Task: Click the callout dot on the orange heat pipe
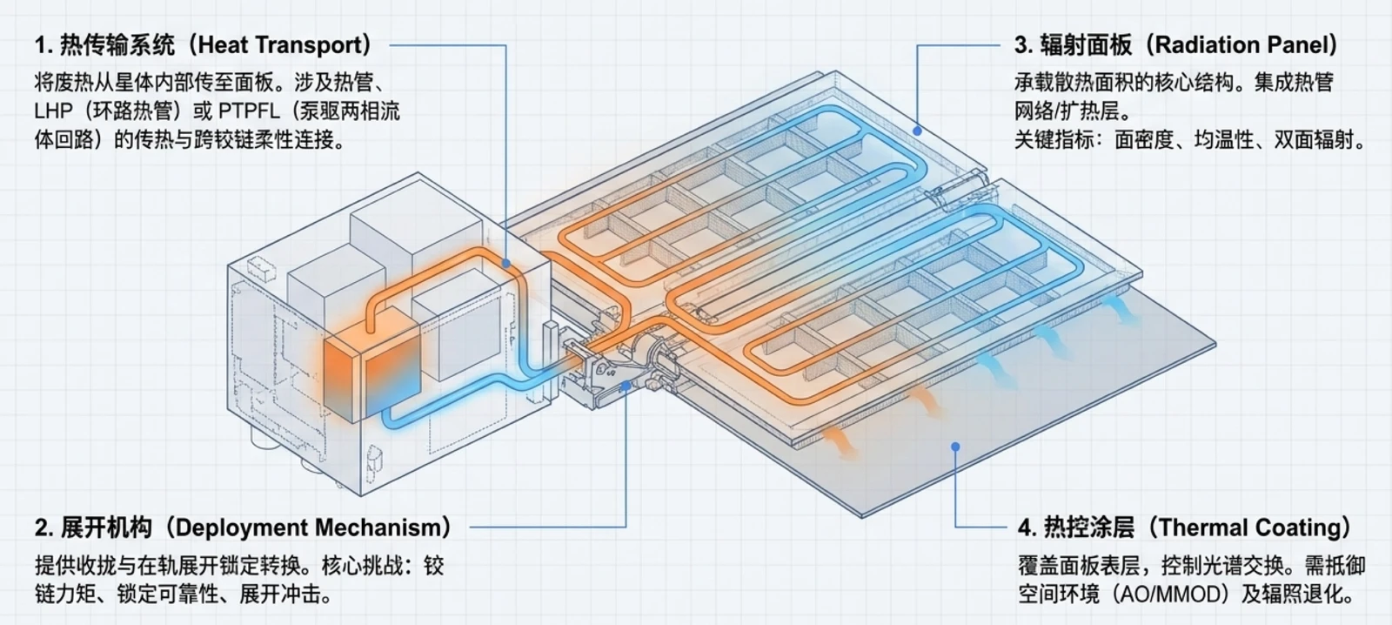[506, 265]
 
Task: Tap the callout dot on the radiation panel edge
[917, 131]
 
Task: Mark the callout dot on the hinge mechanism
[626, 386]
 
